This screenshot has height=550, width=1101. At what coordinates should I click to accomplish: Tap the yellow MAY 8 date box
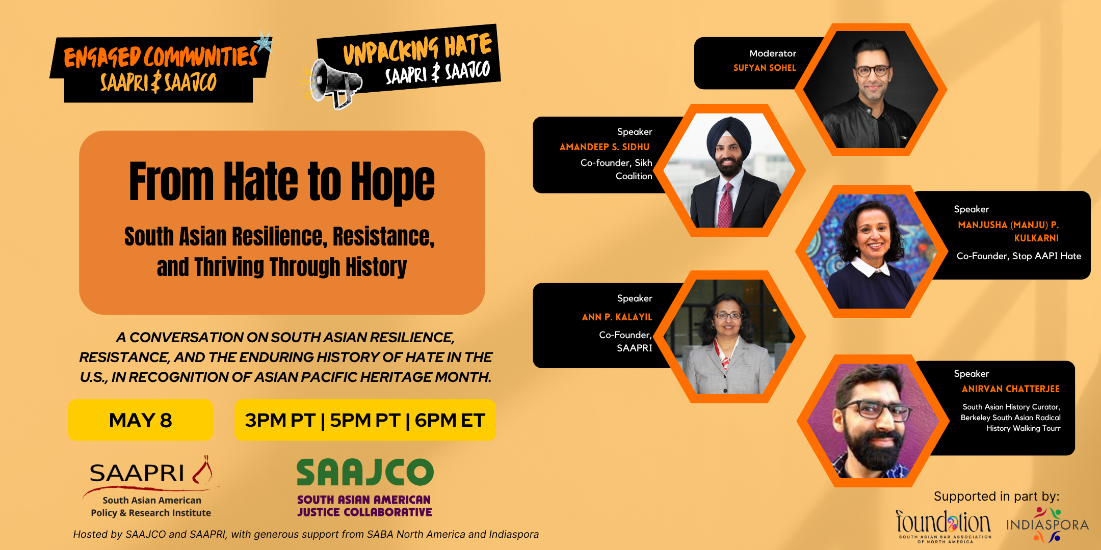[141, 420]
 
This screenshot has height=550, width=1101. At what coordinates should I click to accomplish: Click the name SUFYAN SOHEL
[765, 68]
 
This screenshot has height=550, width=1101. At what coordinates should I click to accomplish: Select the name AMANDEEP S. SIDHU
[605, 147]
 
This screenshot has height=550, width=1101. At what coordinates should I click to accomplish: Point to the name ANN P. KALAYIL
[617, 317]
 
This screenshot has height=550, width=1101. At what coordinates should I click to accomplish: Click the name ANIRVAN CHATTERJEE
[1010, 389]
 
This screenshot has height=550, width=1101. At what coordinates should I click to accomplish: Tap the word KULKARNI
[1036, 238]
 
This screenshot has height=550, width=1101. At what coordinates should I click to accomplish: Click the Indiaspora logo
[1047, 524]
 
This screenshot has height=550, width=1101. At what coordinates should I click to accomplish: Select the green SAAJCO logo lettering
[365, 472]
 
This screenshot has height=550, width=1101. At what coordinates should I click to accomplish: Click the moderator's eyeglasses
[873, 71]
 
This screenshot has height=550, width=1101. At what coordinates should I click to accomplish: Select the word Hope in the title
[393, 182]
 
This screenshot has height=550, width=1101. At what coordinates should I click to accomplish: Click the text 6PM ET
[450, 421]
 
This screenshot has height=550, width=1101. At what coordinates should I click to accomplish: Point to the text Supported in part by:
[997, 497]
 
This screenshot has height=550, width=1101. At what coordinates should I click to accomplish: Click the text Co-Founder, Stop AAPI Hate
[1019, 256]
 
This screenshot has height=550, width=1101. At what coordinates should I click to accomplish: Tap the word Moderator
[773, 53]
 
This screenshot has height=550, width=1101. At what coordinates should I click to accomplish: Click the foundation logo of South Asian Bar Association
[944, 526]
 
